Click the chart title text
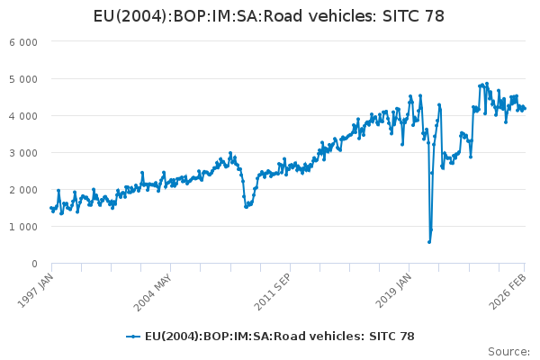(270, 15)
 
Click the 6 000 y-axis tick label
(22, 42)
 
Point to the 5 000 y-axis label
(22, 79)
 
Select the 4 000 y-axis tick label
(22, 116)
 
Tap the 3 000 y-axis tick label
(22, 153)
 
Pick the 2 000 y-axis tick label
(22, 190)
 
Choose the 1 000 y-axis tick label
(22, 227)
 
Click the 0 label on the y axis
(33, 264)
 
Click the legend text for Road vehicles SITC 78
(280, 336)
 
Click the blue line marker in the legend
(133, 336)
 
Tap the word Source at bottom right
(508, 351)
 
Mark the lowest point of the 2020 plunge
(429, 241)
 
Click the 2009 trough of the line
(247, 207)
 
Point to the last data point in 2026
(525, 109)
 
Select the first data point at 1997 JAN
(51, 208)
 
